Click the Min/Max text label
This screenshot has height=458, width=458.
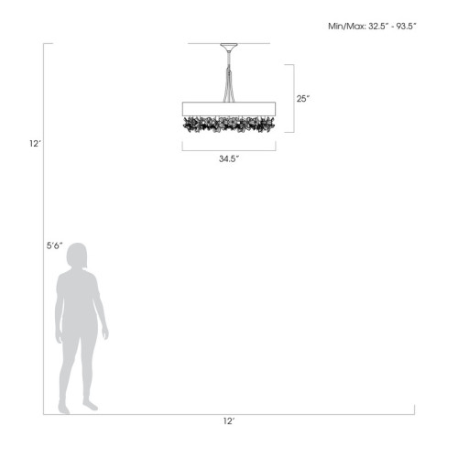[x=346, y=27]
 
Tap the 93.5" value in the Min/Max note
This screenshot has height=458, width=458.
[x=406, y=26]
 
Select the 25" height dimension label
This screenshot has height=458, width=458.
[x=303, y=99]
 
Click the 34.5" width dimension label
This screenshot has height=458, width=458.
[x=229, y=158]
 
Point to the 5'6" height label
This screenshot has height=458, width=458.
[x=54, y=245]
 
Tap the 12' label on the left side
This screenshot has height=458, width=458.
[x=35, y=144]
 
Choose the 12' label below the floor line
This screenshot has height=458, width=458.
[x=228, y=421]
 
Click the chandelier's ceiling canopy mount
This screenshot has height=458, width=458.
[x=229, y=47]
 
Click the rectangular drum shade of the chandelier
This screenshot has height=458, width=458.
[x=229, y=109]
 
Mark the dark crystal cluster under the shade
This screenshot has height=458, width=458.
[x=229, y=125]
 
